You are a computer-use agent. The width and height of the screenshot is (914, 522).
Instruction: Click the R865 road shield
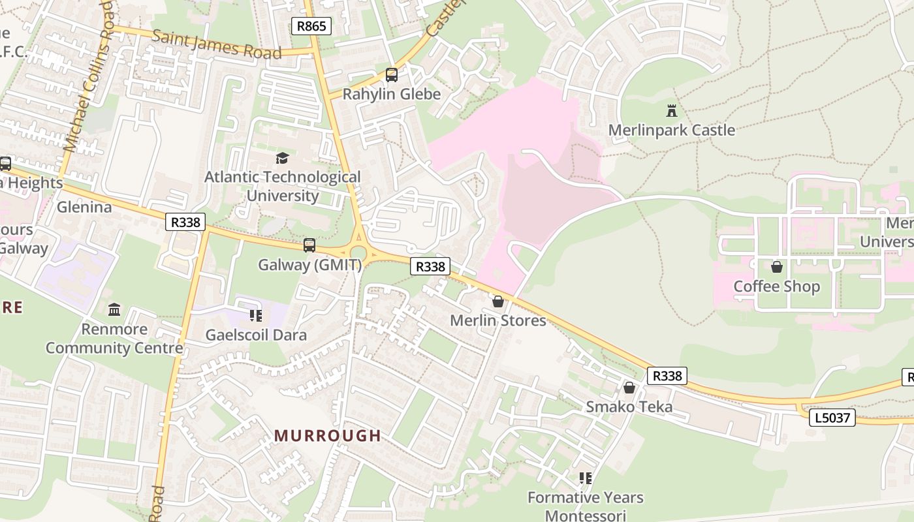coord(311,26)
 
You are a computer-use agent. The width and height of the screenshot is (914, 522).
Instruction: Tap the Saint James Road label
coord(216,44)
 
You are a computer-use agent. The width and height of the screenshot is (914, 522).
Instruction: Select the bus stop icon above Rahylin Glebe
coord(392,75)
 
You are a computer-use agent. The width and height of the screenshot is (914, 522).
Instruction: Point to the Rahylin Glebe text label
coord(392,94)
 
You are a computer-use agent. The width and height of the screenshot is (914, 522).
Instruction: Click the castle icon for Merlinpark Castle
coord(672,110)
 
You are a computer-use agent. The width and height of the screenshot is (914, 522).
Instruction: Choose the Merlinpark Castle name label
coord(672,130)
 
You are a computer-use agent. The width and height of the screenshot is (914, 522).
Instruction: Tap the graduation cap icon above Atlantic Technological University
coord(282,158)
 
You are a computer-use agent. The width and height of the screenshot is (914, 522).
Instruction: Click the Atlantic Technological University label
coord(282,186)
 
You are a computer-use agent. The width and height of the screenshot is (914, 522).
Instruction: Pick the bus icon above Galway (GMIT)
coord(309,245)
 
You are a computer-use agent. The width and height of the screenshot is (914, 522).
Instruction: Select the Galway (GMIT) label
coord(309,265)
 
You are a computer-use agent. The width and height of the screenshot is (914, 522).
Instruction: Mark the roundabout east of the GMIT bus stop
coord(358,252)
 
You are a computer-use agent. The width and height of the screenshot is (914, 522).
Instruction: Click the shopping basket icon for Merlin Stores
coord(498,301)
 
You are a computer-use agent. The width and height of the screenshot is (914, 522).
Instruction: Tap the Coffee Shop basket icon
coord(777,267)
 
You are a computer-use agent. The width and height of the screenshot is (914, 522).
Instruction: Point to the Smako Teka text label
coord(629,407)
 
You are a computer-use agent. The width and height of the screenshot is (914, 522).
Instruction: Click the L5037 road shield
coord(832,418)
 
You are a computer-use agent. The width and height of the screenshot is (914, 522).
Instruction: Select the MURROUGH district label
coord(328,435)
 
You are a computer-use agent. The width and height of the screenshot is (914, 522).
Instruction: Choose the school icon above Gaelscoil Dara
coord(255,316)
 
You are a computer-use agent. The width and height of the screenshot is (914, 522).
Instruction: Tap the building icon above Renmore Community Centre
coord(114,309)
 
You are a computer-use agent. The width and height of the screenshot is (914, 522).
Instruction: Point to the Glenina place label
coord(84,207)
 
